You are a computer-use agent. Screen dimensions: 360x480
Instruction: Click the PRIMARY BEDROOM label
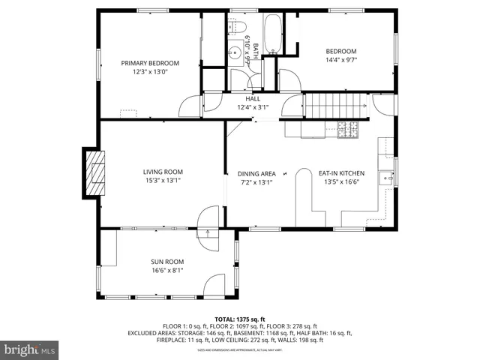tap(151, 63)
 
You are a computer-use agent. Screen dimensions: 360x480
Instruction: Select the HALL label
tap(253, 98)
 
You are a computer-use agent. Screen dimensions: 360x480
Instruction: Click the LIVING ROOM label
tap(163, 172)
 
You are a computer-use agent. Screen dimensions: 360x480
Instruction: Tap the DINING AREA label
tap(257, 173)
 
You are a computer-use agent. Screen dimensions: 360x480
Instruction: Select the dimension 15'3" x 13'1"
tap(163, 181)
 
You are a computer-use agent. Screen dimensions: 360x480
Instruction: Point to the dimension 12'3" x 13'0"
tap(151, 72)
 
